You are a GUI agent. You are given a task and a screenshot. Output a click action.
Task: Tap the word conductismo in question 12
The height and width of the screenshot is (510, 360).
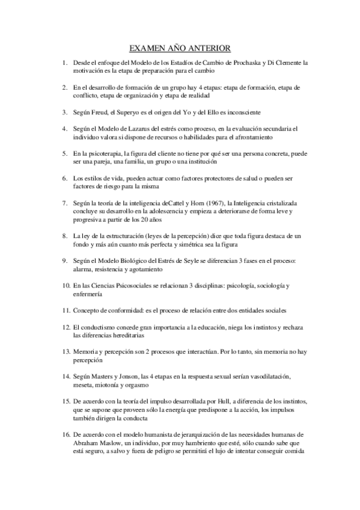(97, 327)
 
